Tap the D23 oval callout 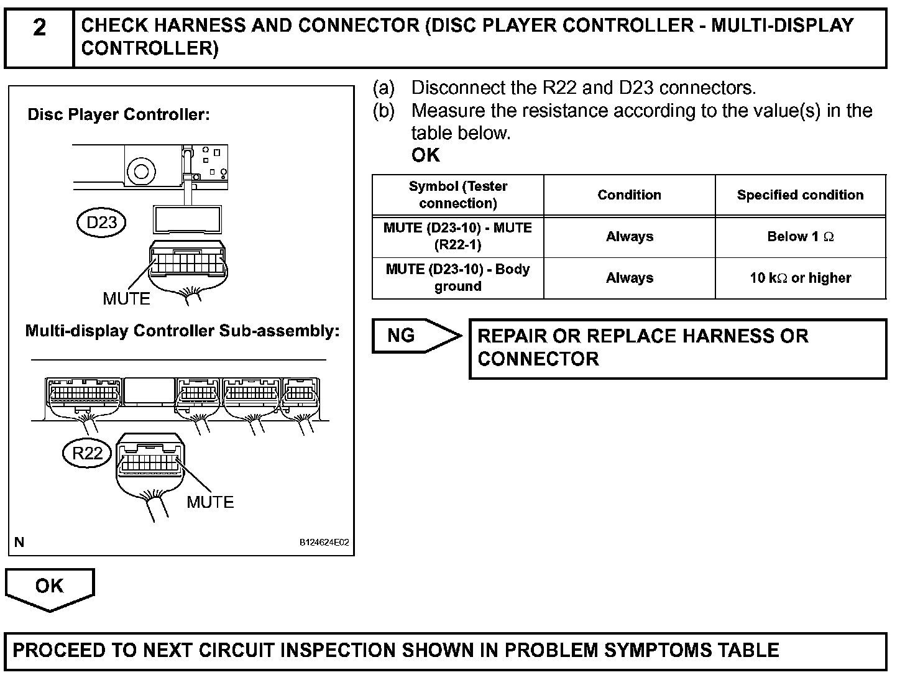[x=101, y=223]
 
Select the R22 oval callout [x=87, y=453]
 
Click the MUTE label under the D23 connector [x=126, y=299]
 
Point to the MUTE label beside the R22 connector [x=210, y=502]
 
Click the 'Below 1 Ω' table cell [x=800, y=237]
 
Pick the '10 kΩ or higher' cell [x=800, y=278]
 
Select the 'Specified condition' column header [x=800, y=195]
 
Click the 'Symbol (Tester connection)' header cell [x=457, y=195]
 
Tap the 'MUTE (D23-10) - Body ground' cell [x=457, y=278]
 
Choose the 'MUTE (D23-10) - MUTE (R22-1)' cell [x=457, y=236]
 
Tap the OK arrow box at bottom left [x=50, y=587]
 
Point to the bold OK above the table [x=426, y=155]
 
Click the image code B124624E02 [x=324, y=543]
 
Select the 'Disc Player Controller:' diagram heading [x=119, y=115]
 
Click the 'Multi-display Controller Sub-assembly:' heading [x=182, y=331]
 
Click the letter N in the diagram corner [x=19, y=543]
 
